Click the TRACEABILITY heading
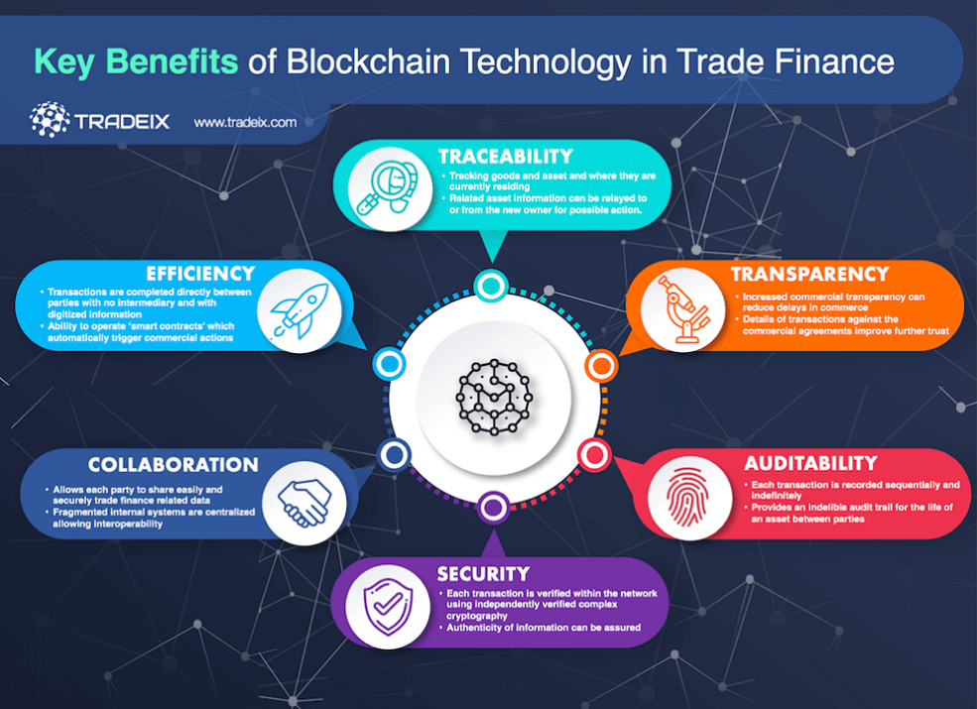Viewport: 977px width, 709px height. pos(505,156)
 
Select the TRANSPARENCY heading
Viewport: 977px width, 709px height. pos(809,274)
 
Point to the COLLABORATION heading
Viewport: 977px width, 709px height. pos(173,465)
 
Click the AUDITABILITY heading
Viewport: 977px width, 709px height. pos(810,463)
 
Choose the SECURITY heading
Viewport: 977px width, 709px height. pos(483,574)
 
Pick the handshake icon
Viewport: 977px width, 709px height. pos(303,501)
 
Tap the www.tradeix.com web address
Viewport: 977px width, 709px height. pos(245,123)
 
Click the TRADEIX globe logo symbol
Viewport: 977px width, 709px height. pos(50,120)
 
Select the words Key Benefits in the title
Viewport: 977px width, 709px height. pos(136,61)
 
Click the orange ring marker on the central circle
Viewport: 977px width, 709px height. pos(600,367)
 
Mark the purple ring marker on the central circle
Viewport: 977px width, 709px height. pos(493,508)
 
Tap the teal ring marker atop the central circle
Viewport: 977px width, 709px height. pos(489,286)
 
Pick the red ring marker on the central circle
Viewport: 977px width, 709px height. pos(594,455)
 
